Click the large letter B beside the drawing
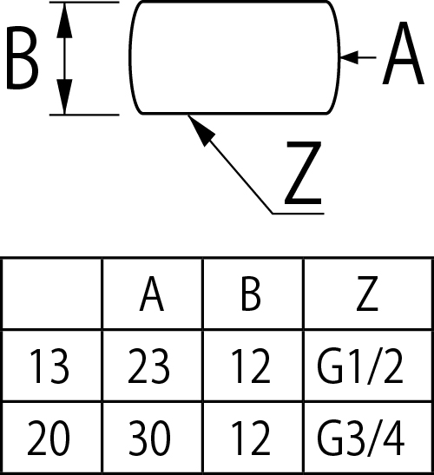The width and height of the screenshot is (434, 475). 23,58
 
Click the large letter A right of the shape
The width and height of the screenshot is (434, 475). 403,54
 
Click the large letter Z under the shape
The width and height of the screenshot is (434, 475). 303,173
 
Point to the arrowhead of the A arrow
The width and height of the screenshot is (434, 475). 349,57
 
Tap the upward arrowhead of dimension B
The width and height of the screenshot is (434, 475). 64,20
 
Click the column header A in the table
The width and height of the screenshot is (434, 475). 152,294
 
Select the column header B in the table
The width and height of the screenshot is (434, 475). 251,294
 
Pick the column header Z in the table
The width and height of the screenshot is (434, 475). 367,294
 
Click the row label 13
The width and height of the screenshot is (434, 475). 49,366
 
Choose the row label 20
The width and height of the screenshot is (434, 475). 49,438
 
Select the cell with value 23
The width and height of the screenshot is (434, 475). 148,366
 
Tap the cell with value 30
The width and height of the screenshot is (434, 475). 149,438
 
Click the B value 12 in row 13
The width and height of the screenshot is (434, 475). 251,366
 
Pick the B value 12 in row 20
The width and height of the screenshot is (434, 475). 251,438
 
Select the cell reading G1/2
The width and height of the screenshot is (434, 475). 360,366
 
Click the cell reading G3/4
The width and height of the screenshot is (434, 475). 361,439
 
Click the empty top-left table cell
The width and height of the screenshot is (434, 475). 52,294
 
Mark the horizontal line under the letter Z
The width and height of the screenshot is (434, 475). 299,214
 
